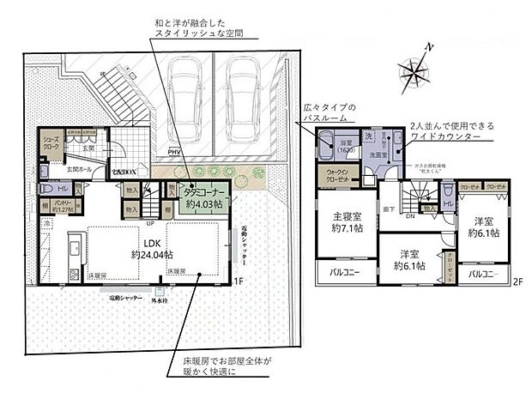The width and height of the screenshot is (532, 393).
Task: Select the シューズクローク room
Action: pyautogui.click(x=51, y=151)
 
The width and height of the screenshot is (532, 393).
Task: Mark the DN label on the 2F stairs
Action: pyautogui.click(x=410, y=217)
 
